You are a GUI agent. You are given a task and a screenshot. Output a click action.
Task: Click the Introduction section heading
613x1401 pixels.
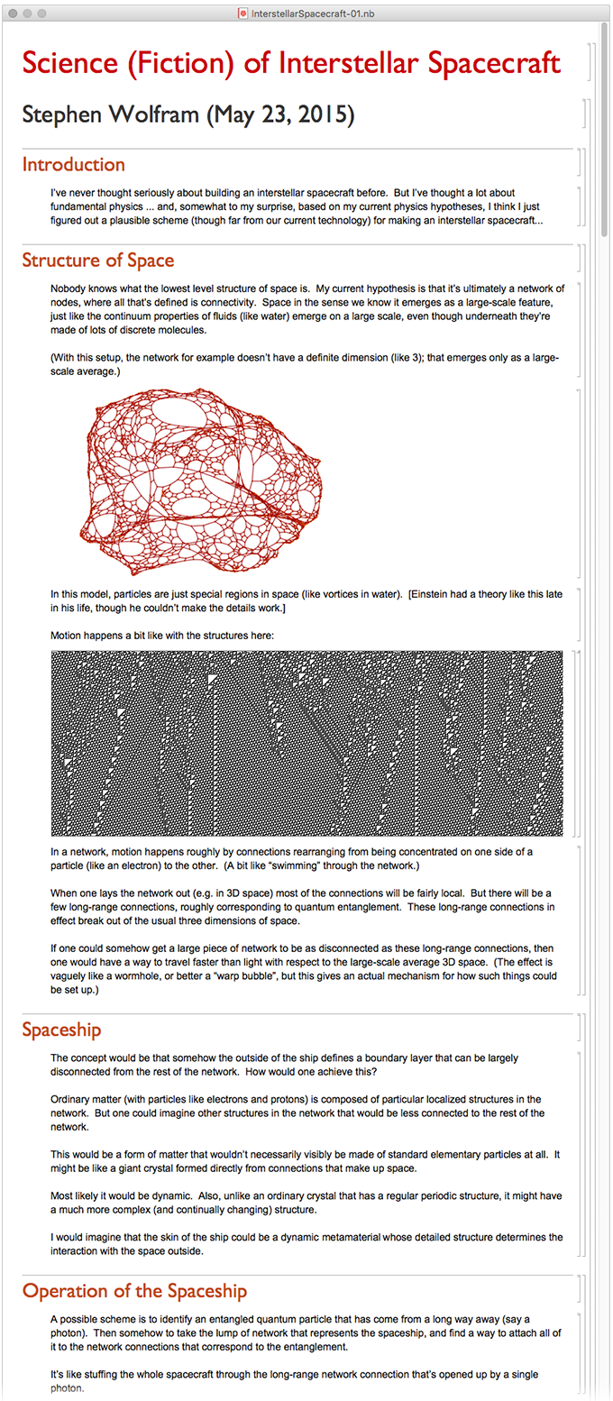click(73, 165)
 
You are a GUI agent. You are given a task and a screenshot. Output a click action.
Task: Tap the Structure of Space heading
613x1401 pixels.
click(97, 261)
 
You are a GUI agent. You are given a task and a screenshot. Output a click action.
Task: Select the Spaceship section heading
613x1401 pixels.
click(61, 1030)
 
